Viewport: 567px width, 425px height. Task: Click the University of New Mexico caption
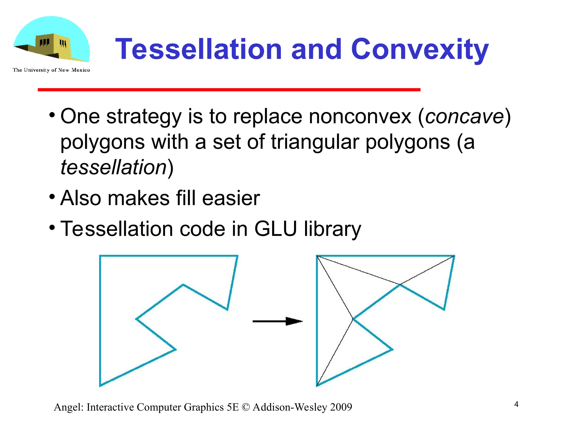tap(51, 70)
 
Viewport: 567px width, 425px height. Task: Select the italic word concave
tap(464, 116)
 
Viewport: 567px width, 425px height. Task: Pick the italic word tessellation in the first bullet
tap(114, 167)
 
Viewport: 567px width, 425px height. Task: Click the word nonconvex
tap(360, 116)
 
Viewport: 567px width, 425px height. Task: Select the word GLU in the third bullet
tap(275, 229)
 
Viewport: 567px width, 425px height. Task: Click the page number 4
tap(516, 404)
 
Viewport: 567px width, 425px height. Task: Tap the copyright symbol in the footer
tap(245, 407)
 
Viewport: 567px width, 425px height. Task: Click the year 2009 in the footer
tap(341, 407)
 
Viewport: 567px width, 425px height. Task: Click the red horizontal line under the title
tap(229, 90)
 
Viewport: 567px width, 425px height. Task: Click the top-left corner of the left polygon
tap(100, 256)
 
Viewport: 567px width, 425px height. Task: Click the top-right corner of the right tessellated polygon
tap(454, 256)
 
